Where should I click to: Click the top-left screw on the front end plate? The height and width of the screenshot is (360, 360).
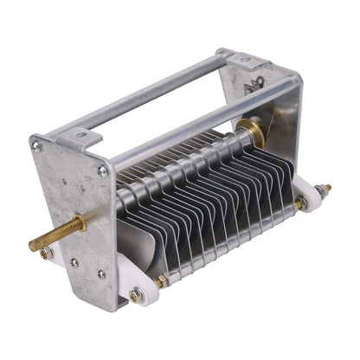point(36,147)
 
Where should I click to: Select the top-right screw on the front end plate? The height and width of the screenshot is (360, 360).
point(103,172)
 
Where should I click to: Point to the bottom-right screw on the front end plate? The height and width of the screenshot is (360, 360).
point(101,274)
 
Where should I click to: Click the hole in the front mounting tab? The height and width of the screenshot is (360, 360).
point(77,134)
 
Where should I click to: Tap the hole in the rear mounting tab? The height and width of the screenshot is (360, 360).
point(245,61)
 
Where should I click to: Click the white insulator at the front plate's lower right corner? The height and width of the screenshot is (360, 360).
point(143,295)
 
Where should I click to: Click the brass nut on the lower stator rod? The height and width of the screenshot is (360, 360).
point(160,280)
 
